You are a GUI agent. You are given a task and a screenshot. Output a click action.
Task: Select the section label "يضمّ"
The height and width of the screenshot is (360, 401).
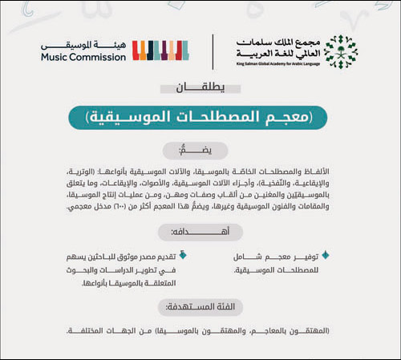200,151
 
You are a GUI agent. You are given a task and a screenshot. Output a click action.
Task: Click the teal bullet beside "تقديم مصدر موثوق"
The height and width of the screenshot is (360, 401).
181,257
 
